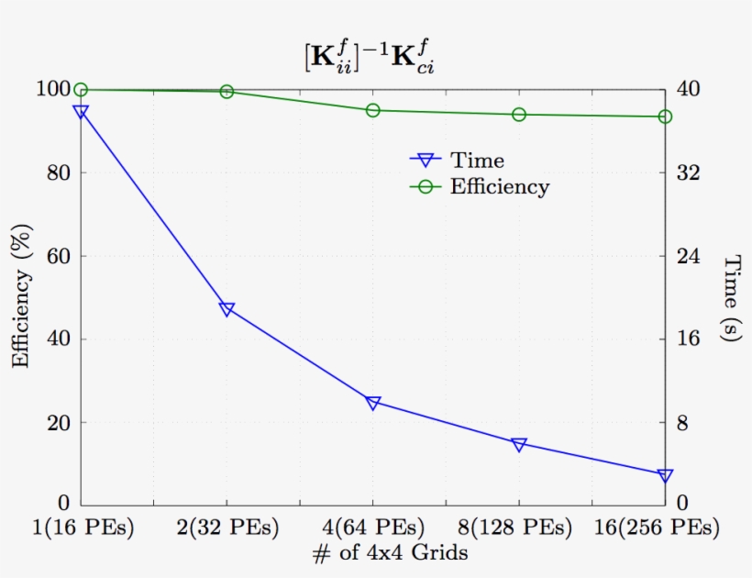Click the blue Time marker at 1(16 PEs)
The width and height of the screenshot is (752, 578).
pos(81,112)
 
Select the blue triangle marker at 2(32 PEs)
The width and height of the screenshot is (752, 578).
pos(227,309)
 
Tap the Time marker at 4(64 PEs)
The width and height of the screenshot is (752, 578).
pos(373,403)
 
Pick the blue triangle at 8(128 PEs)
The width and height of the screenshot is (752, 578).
pos(519,445)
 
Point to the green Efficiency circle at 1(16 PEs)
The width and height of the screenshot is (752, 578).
pos(81,90)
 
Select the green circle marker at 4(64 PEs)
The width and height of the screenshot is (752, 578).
pos(373,110)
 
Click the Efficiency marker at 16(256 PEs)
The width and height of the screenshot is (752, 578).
pos(665,117)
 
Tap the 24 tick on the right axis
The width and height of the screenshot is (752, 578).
pos(689,256)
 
